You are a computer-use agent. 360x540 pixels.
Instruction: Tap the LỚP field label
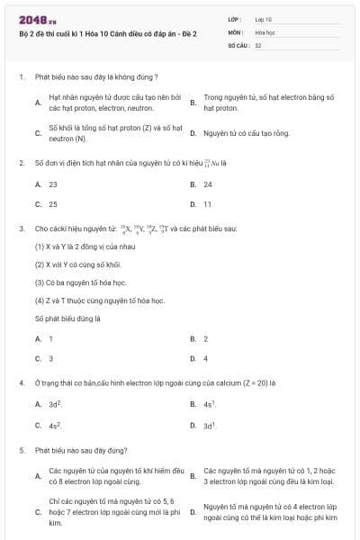coord(235,18)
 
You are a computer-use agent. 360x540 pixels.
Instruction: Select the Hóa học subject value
coord(264,31)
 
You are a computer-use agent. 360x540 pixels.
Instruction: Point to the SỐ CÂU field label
coord(238,43)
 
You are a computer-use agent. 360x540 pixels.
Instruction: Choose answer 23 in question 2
coord(53,184)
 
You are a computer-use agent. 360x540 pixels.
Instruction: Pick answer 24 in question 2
coord(208,184)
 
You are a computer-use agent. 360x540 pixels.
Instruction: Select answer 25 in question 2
coord(53,204)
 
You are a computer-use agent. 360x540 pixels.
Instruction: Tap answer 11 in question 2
coord(207,204)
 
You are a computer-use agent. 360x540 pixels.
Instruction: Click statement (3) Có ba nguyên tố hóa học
coord(80,283)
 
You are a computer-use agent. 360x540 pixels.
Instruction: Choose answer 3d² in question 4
coord(55,405)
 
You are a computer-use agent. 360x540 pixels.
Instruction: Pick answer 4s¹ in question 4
coord(209,405)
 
